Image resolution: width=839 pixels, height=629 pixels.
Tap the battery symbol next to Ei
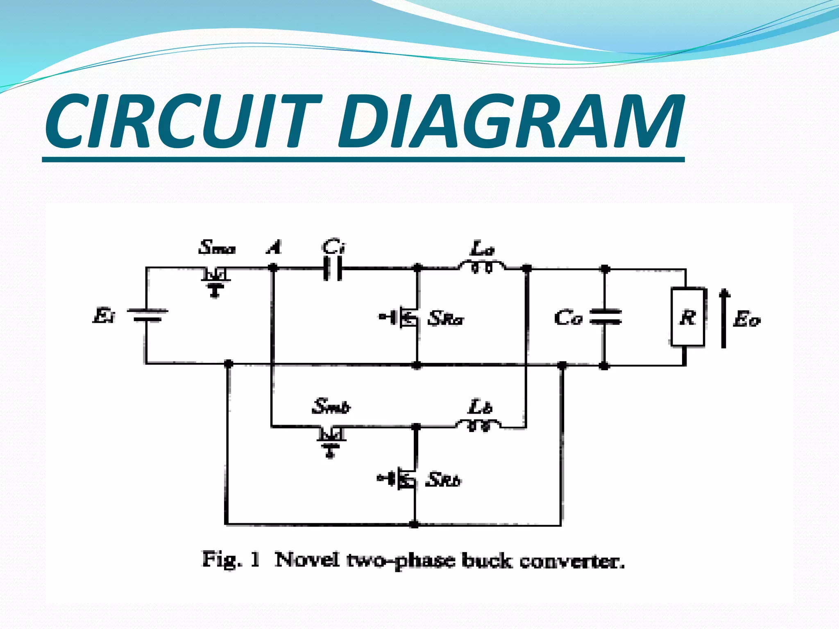[x=147, y=315]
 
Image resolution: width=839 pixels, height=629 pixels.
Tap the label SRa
[x=446, y=318]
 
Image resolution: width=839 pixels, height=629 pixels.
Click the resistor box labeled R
[x=688, y=317]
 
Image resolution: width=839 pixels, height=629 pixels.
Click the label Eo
[x=746, y=319]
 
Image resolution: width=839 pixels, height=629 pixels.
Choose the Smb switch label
[x=331, y=406]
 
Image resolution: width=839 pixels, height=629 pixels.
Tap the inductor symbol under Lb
[x=478, y=425]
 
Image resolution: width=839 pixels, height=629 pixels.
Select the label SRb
[x=443, y=480]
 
